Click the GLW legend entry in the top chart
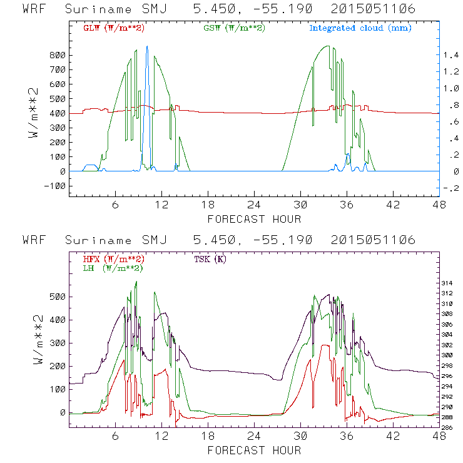click(109, 28)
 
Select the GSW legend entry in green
click(234, 28)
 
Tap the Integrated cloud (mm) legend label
click(360, 28)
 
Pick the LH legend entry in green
click(112, 268)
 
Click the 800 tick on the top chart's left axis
click(58, 55)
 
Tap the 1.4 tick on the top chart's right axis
click(452, 55)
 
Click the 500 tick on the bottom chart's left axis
click(58, 297)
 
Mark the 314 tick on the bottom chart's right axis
click(449, 283)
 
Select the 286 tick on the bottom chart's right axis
click(449, 428)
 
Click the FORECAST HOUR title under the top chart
click(254, 219)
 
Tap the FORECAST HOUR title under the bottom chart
click(254, 450)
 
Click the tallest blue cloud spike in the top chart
click(147, 47)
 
